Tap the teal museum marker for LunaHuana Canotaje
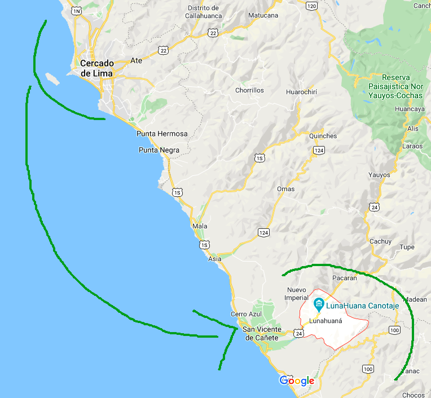click(319, 306)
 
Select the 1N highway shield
click(76, 11)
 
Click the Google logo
click(297, 381)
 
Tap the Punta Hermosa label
click(162, 134)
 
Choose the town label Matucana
click(263, 15)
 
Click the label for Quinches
click(323, 136)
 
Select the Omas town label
click(285, 189)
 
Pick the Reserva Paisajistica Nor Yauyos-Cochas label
click(394, 87)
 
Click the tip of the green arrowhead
click(236, 327)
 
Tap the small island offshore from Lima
click(51, 77)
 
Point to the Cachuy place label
click(380, 241)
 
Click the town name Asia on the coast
click(214, 259)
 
